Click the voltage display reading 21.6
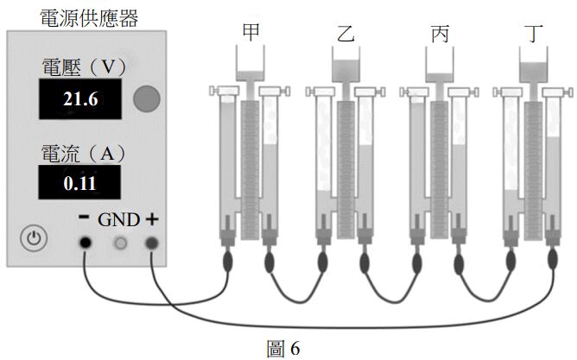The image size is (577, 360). (x=82, y=100)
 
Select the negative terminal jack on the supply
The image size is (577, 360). (x=86, y=243)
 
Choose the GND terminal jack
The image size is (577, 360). (x=120, y=243)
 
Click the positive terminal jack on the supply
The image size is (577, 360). (x=152, y=243)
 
